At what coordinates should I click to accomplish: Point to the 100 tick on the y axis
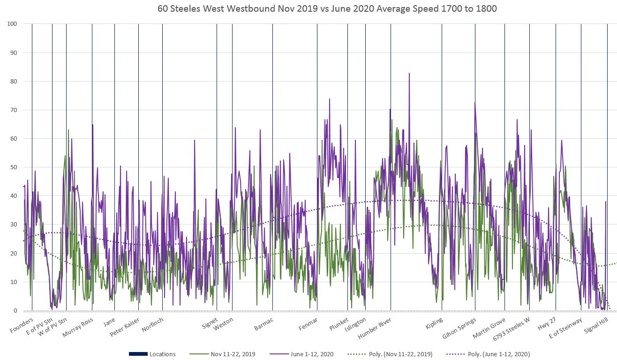[x=13, y=24]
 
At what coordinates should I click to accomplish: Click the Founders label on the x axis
[x=22, y=325]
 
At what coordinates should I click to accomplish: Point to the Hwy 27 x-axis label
[x=547, y=324]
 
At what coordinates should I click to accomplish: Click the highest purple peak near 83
[x=409, y=74]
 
